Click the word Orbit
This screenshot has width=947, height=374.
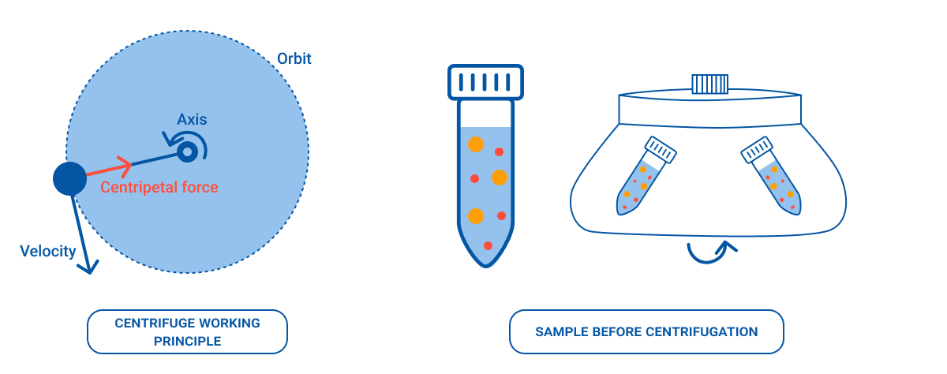coord(294,59)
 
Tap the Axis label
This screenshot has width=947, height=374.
coord(192,119)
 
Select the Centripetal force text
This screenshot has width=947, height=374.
coord(159,187)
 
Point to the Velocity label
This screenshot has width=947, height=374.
coord(48,252)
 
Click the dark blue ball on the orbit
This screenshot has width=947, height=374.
coord(69,179)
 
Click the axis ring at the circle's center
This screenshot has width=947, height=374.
coord(187,151)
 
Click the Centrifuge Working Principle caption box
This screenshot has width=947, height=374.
coord(187,331)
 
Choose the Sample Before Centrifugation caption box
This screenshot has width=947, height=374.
coord(646,331)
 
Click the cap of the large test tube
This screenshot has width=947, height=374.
coord(486,82)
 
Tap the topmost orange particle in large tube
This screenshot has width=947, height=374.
coord(475,144)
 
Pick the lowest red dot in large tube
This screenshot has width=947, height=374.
coord(488,245)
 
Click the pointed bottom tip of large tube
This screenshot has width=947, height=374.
coord(486,263)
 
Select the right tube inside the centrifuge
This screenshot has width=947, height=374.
coord(774,178)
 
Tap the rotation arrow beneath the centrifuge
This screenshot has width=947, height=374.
coord(710,252)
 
